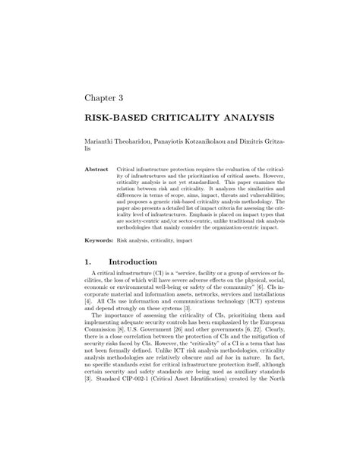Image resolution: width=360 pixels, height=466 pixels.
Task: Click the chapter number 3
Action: click(x=120, y=98)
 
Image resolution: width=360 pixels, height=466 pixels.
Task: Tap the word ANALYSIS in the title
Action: click(x=244, y=120)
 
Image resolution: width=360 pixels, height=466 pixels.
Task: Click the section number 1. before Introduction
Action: click(x=88, y=262)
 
